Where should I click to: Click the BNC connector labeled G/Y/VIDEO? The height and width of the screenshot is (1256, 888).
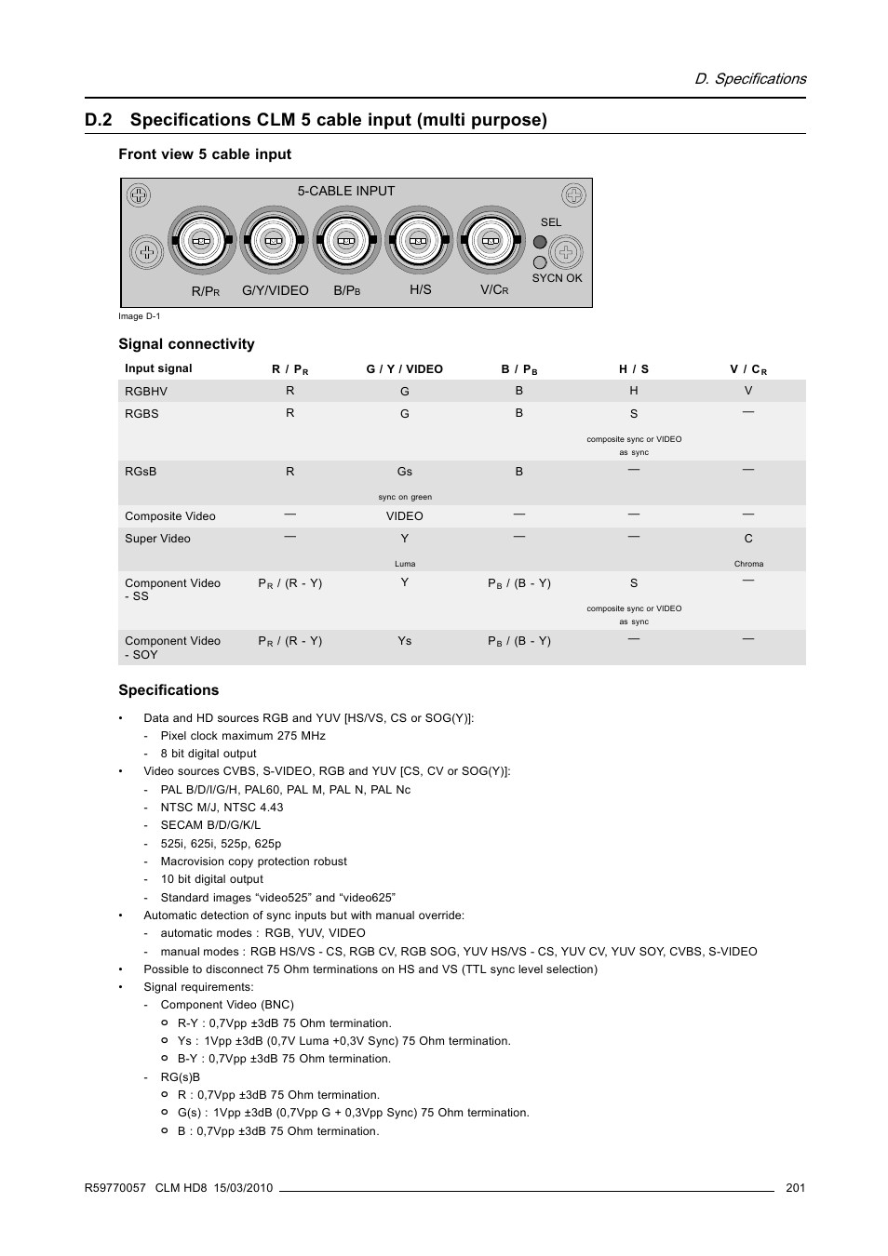click(274, 241)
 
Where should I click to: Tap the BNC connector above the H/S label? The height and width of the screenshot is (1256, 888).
click(419, 241)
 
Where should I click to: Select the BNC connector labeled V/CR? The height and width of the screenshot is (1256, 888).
click(491, 241)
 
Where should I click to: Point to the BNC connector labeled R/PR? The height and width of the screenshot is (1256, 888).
click(201, 241)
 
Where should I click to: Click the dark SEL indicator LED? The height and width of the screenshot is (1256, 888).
click(540, 242)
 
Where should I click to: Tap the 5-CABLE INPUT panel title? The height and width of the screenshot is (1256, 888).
click(346, 191)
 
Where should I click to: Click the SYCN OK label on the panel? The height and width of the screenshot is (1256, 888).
click(557, 278)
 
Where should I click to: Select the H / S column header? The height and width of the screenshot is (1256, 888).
click(634, 369)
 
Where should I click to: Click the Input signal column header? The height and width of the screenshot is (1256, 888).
click(158, 368)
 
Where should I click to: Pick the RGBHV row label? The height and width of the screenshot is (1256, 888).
click(146, 392)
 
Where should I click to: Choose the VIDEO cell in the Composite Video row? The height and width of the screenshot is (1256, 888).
click(404, 516)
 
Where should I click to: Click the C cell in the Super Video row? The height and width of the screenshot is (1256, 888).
click(748, 539)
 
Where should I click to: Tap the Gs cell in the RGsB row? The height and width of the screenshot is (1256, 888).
click(404, 472)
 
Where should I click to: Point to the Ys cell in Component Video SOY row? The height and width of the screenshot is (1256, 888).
click(404, 641)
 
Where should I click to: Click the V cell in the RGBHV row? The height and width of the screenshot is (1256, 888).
click(748, 392)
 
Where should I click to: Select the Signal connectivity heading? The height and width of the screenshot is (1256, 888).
click(186, 344)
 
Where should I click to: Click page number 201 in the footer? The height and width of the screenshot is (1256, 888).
click(795, 1187)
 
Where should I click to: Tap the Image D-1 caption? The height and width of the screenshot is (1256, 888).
click(139, 316)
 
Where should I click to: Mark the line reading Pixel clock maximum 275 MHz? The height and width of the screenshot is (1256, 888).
click(242, 736)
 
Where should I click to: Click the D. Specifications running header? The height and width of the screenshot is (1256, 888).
click(750, 79)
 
